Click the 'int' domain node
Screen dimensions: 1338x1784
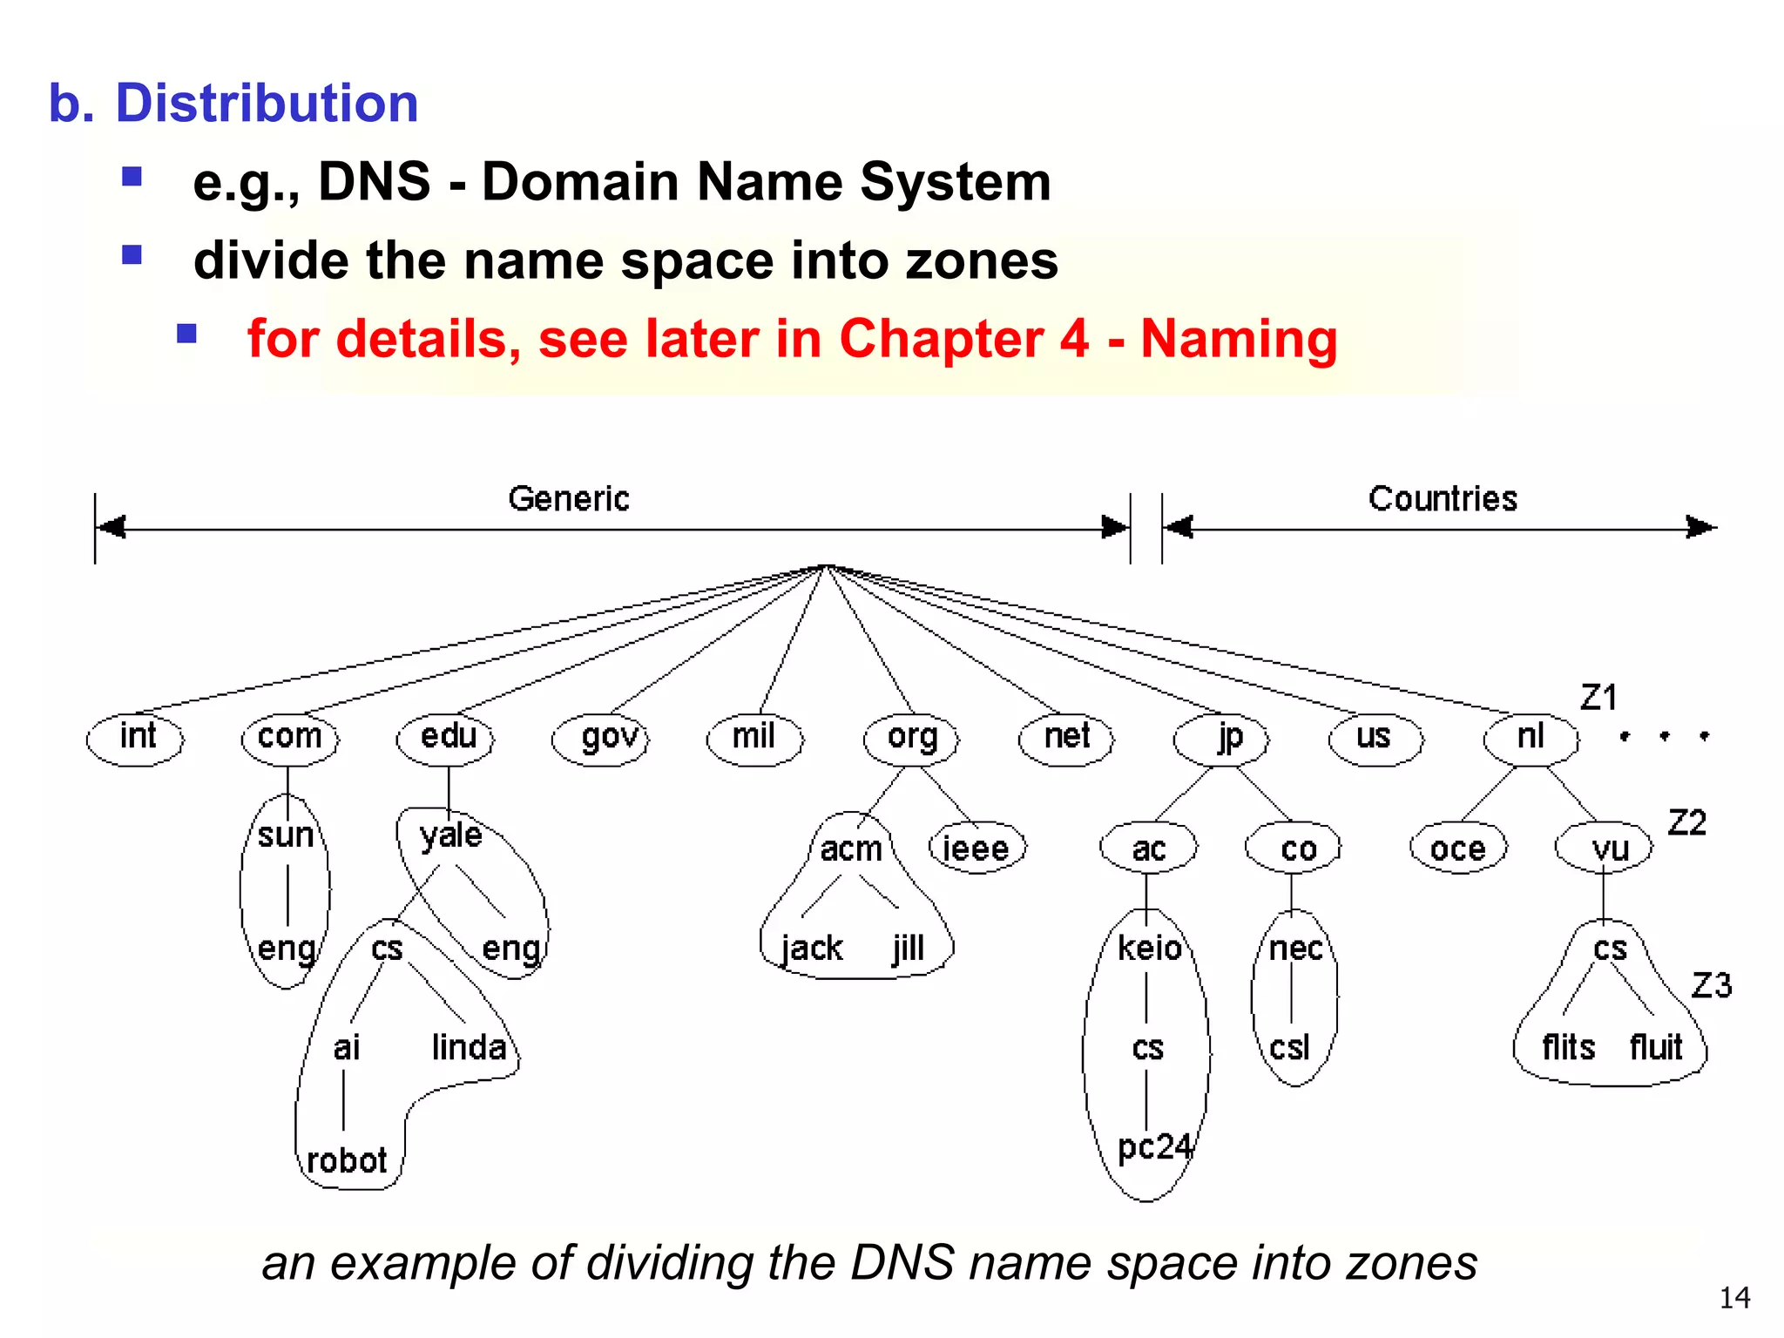click(x=136, y=738)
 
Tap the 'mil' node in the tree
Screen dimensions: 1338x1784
click(x=754, y=738)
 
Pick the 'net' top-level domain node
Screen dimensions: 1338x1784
click(x=1066, y=738)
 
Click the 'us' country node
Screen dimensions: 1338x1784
click(x=1375, y=738)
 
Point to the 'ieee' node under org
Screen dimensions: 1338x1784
click(x=976, y=848)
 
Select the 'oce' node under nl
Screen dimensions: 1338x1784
click(x=1458, y=848)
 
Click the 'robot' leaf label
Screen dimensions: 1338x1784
click(x=347, y=1160)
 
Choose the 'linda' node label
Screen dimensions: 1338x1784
click(x=469, y=1047)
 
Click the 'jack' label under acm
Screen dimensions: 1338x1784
click(x=812, y=948)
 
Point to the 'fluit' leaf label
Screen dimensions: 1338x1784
click(x=1656, y=1047)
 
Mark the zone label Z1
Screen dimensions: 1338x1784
click(x=1598, y=698)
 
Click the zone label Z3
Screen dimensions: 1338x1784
click(x=1711, y=986)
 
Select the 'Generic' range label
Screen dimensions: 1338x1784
click(x=569, y=499)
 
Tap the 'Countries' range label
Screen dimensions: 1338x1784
click(x=1443, y=499)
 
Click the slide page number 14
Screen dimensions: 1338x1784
click(x=1734, y=1298)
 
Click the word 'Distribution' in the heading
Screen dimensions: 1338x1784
click(x=267, y=103)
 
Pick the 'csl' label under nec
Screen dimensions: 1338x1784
click(x=1290, y=1047)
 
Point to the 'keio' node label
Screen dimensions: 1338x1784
click(x=1150, y=948)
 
